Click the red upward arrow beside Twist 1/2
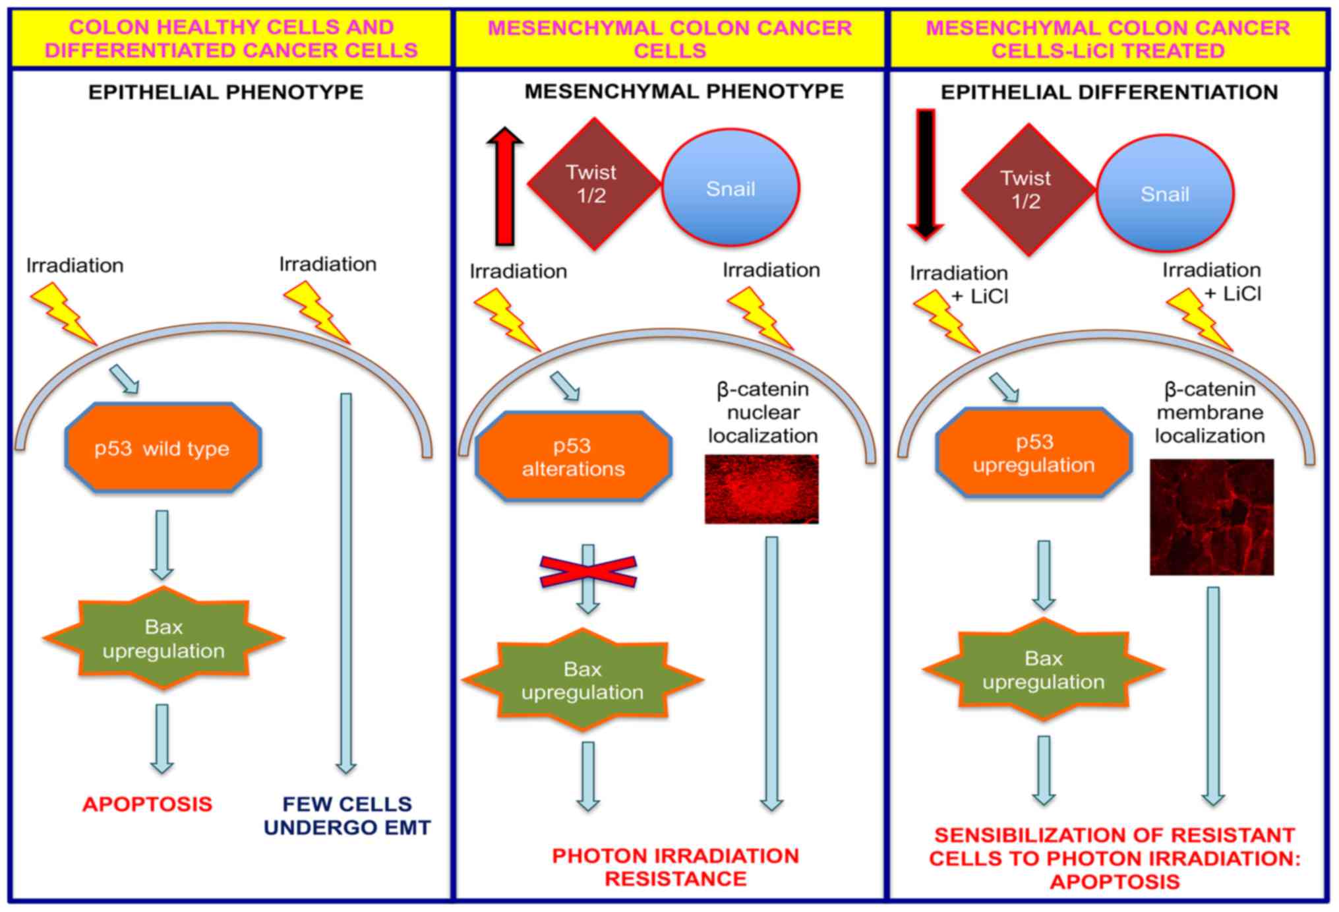[x=505, y=186]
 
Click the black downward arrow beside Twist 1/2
[x=926, y=175]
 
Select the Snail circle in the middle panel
[x=730, y=188]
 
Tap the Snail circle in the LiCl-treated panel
[x=1165, y=194]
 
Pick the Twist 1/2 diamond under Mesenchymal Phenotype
[x=593, y=184]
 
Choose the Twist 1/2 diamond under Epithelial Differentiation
[x=1028, y=189]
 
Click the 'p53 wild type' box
[x=163, y=448]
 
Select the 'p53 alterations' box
[x=573, y=456]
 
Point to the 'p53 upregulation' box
[x=1034, y=452]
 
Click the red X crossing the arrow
[x=588, y=571]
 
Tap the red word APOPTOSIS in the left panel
[x=148, y=804]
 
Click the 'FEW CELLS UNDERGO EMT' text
[x=347, y=816]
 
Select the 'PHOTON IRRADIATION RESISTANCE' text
[x=676, y=866]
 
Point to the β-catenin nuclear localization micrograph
[x=761, y=489]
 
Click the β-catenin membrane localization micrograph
[x=1212, y=517]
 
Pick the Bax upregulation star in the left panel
[x=164, y=638]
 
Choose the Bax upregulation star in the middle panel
[x=583, y=680]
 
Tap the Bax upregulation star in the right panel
[x=1044, y=669]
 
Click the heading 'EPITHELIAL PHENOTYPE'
[x=225, y=92]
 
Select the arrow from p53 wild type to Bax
[x=162, y=545]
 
